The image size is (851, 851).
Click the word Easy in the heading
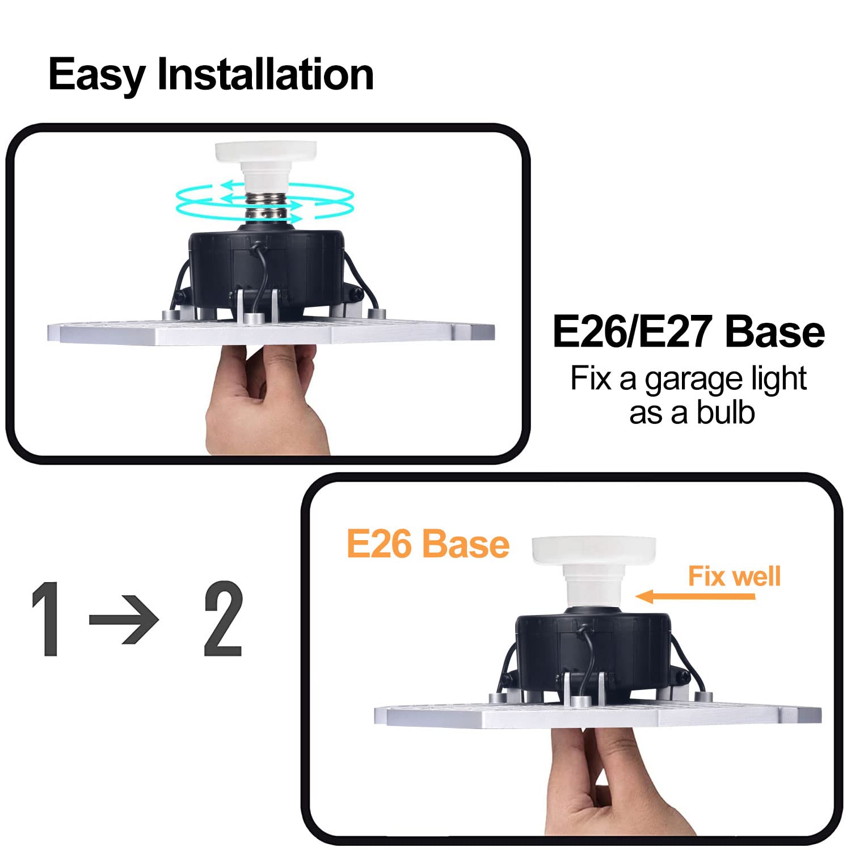click(96, 75)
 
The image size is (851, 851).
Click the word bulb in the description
click(726, 413)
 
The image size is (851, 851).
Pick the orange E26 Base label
click(428, 544)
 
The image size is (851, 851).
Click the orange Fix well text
click(734, 576)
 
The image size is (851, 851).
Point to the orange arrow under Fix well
click(695, 596)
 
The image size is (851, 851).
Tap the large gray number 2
click(223, 619)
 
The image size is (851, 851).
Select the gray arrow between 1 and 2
click(124, 619)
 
